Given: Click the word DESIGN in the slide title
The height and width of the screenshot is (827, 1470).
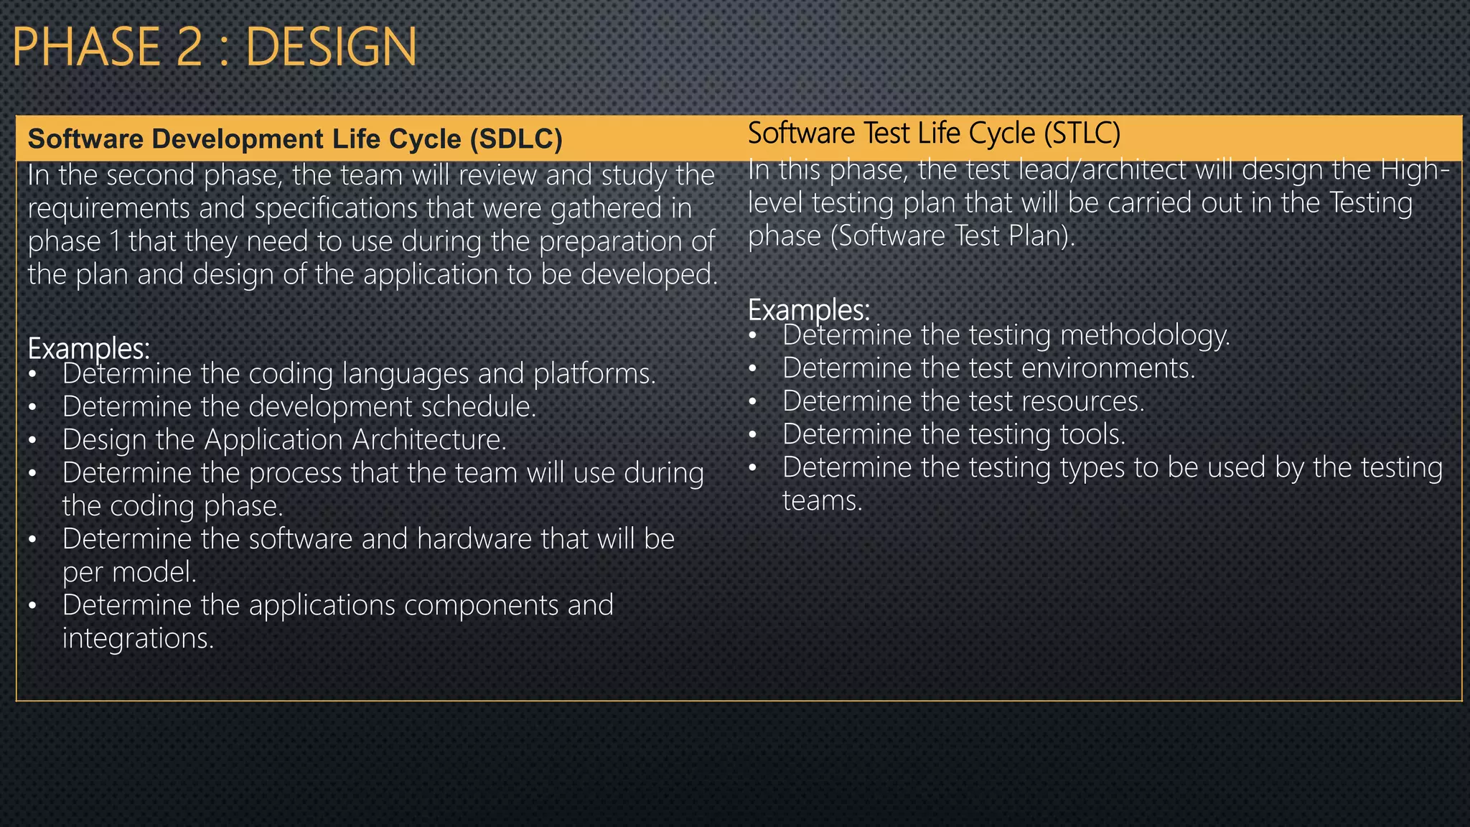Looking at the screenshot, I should click(x=331, y=47).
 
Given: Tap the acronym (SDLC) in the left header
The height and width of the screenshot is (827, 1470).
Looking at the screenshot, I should click(x=516, y=139).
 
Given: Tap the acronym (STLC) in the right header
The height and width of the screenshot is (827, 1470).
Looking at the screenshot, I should click(x=1082, y=134).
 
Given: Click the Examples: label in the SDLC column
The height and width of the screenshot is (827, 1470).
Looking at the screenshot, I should click(x=89, y=349).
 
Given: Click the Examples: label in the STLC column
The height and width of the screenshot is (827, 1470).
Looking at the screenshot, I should click(x=809, y=310).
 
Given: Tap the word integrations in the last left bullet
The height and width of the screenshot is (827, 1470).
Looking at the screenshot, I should click(x=138, y=638).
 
